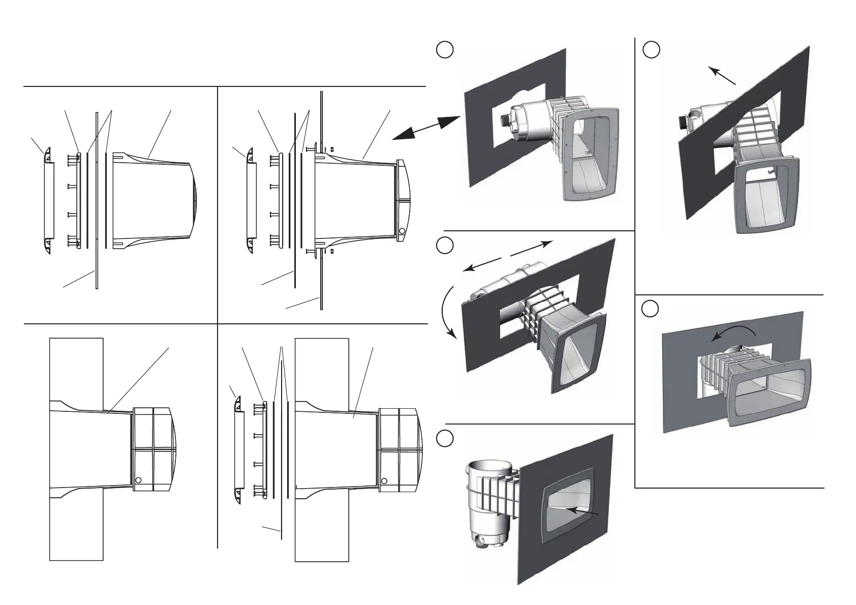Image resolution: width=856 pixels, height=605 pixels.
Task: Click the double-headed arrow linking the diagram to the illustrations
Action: (426, 127)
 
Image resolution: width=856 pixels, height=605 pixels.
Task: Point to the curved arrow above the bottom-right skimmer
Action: (733, 331)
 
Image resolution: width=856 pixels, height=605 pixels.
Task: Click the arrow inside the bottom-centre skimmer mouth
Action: (585, 511)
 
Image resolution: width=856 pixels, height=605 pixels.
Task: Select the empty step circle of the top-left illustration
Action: (445, 50)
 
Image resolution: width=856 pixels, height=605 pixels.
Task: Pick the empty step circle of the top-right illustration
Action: (651, 50)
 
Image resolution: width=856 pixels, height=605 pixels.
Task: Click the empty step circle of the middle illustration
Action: (445, 245)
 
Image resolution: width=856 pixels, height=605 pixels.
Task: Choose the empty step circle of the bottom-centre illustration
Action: (445, 437)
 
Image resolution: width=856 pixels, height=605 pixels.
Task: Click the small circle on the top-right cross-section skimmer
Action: (402, 231)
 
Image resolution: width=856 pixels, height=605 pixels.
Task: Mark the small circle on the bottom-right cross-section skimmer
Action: (384, 480)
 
